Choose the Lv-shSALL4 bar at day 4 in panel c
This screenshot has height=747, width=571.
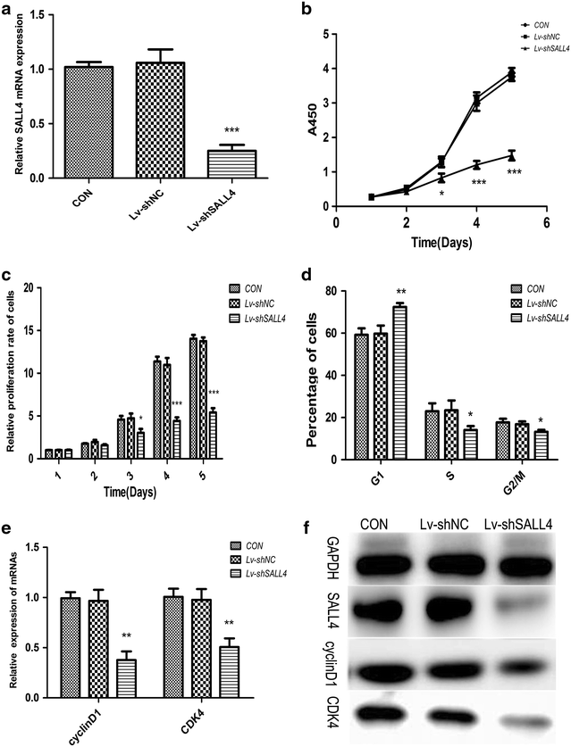(176, 438)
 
